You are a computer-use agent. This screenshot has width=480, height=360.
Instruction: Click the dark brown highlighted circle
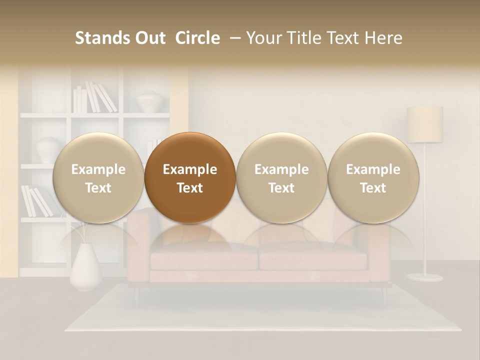point(189,177)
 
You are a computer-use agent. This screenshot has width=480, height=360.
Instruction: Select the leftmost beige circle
point(98,177)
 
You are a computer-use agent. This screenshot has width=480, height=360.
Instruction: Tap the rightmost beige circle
point(373,177)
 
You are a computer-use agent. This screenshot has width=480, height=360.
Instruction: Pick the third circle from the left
point(281,177)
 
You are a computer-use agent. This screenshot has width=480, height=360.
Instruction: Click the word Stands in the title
point(101,38)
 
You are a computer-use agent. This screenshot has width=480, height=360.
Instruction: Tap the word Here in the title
point(383,38)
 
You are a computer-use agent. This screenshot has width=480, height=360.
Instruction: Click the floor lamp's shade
point(424,123)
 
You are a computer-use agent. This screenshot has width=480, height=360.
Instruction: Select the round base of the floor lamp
point(424,277)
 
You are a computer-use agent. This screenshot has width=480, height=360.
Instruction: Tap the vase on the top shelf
point(148,101)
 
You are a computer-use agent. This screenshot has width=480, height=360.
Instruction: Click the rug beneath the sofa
point(260,312)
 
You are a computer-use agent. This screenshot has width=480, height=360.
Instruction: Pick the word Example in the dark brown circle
point(189,169)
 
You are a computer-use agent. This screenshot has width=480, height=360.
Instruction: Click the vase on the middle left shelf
point(48,149)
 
